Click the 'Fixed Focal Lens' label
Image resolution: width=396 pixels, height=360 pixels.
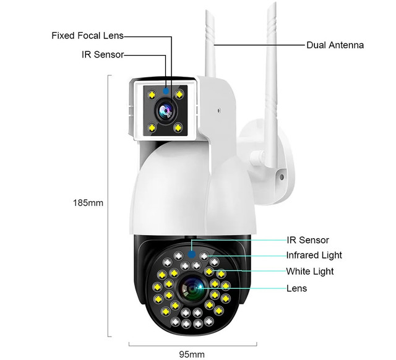pos(88,36)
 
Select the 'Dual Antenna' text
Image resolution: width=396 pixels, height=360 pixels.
pos(335,45)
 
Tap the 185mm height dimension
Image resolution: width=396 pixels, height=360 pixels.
pos(88,203)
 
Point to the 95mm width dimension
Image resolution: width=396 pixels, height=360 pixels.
pos(192,354)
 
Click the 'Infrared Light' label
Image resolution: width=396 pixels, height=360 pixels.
pos(314,255)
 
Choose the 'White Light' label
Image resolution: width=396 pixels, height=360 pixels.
pos(310,272)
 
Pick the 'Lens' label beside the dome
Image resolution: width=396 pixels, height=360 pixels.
pos(296,288)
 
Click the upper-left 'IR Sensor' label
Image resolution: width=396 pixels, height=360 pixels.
pos(103,54)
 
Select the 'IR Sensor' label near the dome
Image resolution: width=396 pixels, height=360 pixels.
pos(308,240)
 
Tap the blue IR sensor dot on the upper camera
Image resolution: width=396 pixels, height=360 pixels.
pos(166,91)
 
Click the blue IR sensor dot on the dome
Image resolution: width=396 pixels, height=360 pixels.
pos(192,254)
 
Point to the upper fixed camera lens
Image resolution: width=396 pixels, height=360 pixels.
pos(165,111)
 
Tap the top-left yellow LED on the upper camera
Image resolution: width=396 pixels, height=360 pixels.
pos(152,95)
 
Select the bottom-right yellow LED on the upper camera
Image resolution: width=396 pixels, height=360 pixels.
pos(178,127)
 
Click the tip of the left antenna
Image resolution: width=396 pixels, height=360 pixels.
pos(207,11)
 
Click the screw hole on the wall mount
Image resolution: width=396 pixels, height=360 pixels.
pos(282,177)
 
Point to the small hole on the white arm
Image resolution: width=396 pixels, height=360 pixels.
pos(219,111)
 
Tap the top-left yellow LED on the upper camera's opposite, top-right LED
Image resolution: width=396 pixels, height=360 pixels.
pos(179,95)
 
